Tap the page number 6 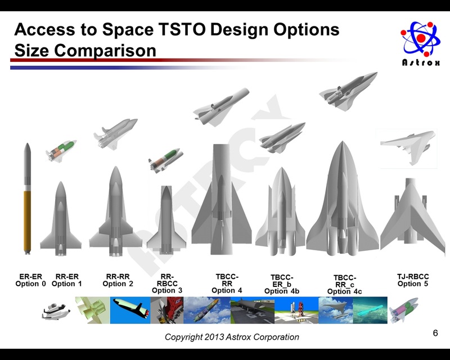435,333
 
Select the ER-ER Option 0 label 31,280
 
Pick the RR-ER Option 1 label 67,280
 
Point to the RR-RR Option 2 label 118,280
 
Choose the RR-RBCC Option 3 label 167,283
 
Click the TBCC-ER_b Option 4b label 282,285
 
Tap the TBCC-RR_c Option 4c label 345,285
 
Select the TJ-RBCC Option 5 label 413,280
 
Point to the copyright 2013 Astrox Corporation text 232,337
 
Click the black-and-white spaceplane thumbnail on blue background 130,310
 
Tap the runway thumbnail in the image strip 253,310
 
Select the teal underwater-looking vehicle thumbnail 370,310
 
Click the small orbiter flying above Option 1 61,150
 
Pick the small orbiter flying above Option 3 166,160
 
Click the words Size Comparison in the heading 85,51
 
